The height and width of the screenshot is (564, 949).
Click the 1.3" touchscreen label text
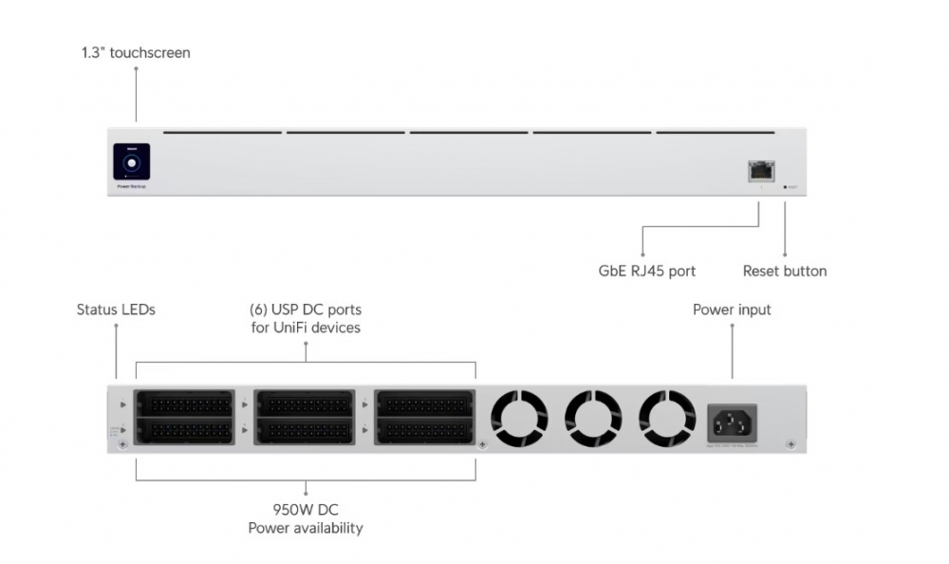tap(136, 53)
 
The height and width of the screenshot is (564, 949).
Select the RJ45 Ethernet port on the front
tap(760, 170)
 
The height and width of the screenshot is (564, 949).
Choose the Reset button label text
tap(784, 272)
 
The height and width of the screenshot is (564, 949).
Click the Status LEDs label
tap(116, 310)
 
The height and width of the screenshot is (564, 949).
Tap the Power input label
tap(732, 310)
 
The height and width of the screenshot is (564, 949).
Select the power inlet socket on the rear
tap(732, 418)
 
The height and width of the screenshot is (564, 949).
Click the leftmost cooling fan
tap(519, 418)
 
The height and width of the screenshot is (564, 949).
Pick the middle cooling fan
tap(593, 418)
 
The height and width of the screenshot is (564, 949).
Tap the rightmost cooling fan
tap(667, 418)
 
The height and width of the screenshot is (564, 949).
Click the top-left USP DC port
tap(185, 404)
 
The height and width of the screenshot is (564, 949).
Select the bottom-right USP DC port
tap(425, 431)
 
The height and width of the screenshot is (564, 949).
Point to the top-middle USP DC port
tap(305, 404)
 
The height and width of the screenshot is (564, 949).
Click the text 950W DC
tap(306, 510)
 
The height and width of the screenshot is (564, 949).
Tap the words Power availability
tap(306, 528)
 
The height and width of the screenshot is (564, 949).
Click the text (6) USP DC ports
tap(306, 310)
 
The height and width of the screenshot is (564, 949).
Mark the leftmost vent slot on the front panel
tap(222, 133)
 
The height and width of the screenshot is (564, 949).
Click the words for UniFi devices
tap(306, 329)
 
